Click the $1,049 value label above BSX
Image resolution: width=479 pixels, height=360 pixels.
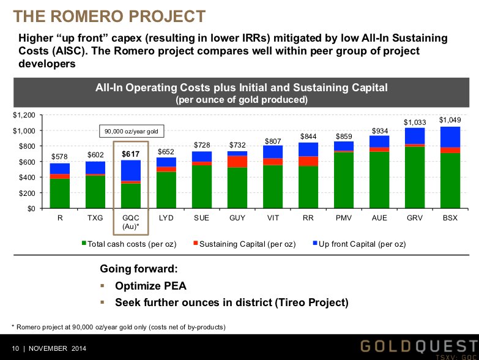(450, 120)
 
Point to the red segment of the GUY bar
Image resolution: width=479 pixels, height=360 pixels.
(237, 162)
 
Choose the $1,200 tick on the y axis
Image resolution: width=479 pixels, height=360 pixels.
(24, 115)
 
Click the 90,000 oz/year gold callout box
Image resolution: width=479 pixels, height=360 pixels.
(130, 131)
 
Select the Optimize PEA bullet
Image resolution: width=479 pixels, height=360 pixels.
(150, 286)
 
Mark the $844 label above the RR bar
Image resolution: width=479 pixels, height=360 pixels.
(308, 136)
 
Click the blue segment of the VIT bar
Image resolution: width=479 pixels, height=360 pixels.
(273, 152)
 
